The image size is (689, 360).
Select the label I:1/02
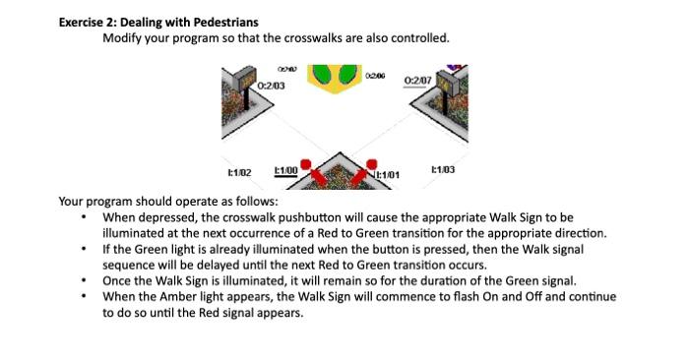(x=239, y=172)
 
